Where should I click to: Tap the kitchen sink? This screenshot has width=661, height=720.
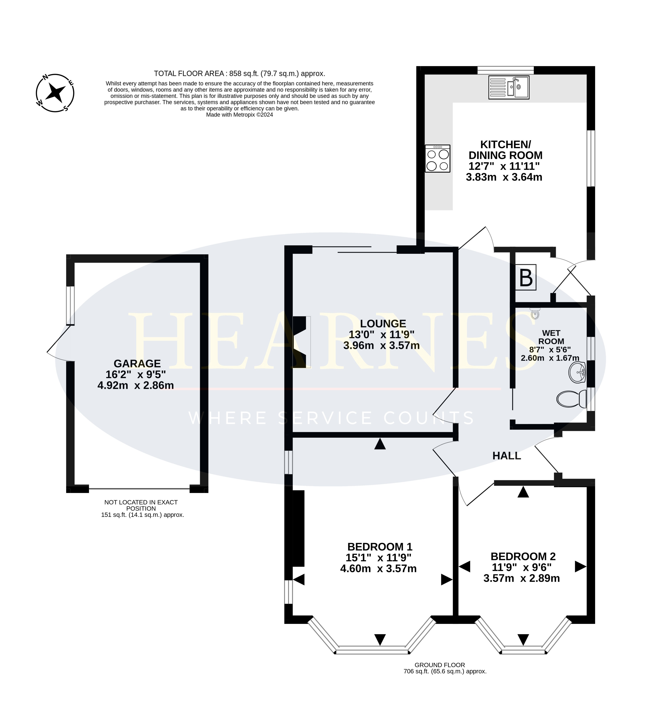pos(509,87)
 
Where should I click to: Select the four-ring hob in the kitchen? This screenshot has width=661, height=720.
pos(437,158)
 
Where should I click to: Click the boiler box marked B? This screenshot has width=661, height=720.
pos(526,277)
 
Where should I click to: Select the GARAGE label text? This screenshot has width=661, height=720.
pos(137,363)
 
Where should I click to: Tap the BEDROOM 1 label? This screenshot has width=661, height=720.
pos(380,557)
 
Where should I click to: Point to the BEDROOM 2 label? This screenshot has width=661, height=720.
pos(523,566)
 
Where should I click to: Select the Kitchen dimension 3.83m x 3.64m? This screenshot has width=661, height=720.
pos(504,177)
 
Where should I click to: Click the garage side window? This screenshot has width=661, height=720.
pos(71,305)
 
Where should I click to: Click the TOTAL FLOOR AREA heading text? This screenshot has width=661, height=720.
pos(239,74)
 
